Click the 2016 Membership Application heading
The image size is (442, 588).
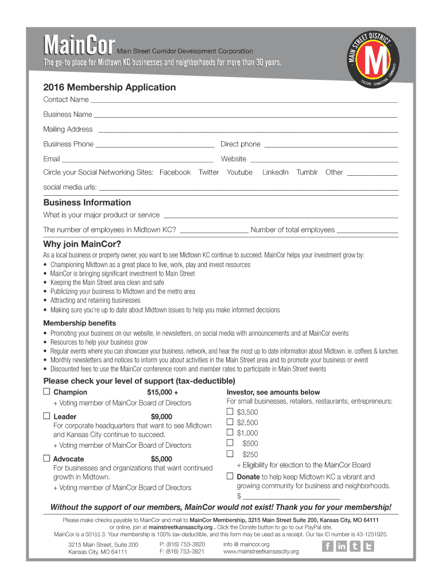tap(110, 87)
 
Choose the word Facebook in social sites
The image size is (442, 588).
tap(175, 172)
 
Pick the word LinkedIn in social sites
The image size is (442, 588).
tap(276, 172)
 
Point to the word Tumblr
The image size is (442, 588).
tap(307, 172)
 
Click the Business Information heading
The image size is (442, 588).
tap(87, 203)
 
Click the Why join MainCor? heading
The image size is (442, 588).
tap(82, 243)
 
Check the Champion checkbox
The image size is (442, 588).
tap(47, 392)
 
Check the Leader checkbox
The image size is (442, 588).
tap(47, 416)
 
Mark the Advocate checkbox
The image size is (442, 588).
tap(47, 458)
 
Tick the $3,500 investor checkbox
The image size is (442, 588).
tap(230, 412)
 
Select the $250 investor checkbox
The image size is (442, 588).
tap(230, 454)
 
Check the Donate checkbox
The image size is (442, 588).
tap(230, 476)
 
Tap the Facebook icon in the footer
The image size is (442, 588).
tap(327, 546)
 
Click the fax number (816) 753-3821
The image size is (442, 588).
tap(182, 551)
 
